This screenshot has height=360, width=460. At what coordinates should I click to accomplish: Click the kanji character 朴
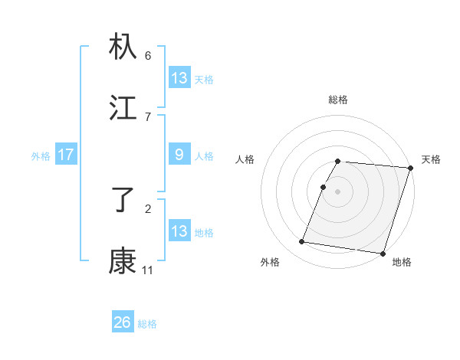[x=123, y=47]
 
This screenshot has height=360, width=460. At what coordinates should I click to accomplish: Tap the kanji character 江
[x=123, y=108]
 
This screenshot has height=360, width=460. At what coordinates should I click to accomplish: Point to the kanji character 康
[x=123, y=261]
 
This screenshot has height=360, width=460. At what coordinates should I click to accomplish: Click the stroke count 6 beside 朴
[x=148, y=55]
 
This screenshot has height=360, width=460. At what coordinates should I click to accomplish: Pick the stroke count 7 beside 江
[x=148, y=116]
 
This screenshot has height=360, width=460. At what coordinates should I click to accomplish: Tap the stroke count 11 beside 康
[x=147, y=270]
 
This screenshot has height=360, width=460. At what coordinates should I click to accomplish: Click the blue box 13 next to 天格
[x=179, y=78]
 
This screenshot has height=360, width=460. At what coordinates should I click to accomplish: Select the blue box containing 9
[x=179, y=155]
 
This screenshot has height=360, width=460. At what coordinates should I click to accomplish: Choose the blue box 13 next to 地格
[x=179, y=231]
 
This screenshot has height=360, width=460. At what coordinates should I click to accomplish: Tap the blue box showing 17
[x=66, y=155]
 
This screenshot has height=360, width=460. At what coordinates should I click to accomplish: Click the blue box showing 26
[x=123, y=322]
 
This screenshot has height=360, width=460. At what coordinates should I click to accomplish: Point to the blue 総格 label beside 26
[x=147, y=324]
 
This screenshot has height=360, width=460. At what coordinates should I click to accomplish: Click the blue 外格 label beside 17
[x=41, y=156]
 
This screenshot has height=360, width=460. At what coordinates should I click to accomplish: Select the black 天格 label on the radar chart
[x=431, y=159]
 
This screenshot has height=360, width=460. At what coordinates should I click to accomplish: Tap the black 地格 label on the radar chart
[x=402, y=263]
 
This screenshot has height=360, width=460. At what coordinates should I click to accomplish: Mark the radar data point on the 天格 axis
[x=410, y=168]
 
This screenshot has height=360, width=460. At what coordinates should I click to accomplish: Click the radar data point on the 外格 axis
[x=302, y=241]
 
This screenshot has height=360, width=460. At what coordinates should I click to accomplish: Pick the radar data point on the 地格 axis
[x=382, y=253]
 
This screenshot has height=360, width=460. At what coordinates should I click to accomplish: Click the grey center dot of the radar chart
[x=337, y=191]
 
